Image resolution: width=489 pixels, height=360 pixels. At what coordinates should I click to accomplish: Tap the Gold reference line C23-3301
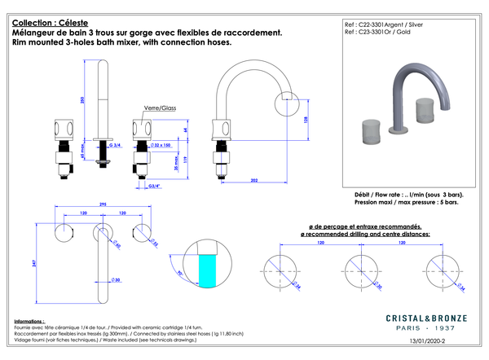tap(380, 33)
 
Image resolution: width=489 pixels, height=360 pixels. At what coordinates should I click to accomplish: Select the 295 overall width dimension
tap(104, 204)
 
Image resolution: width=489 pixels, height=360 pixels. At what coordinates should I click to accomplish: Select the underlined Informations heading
tap(29, 322)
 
